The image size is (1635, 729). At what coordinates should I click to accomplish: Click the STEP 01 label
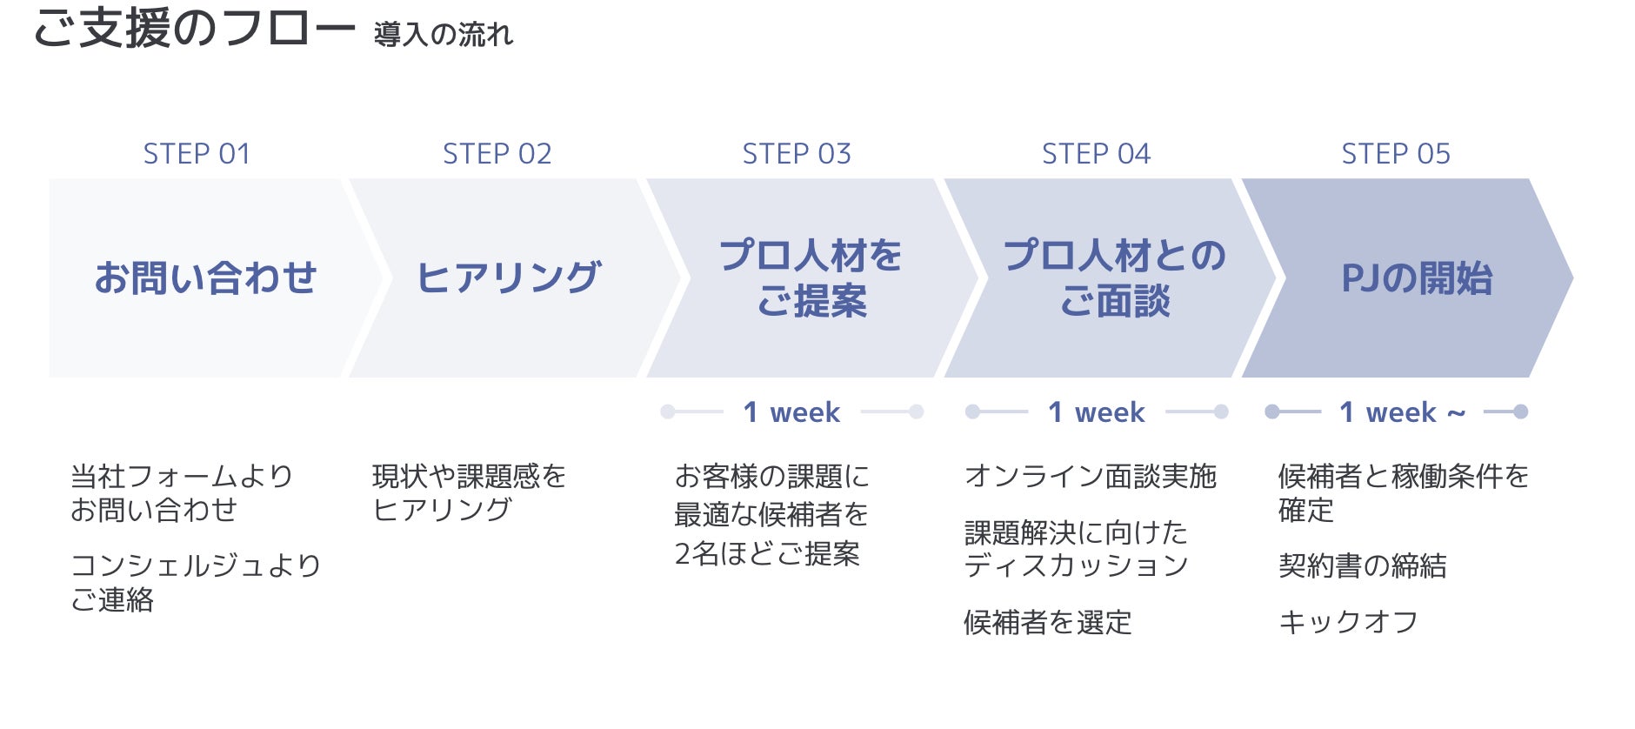[x=197, y=154]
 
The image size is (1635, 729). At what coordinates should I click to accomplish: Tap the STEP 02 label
[x=497, y=154]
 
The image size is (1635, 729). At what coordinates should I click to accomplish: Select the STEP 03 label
[x=796, y=154]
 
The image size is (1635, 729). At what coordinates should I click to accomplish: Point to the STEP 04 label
[x=1096, y=154]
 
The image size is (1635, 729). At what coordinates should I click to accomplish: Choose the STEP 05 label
[x=1395, y=154]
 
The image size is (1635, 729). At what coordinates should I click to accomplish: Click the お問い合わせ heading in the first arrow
[x=205, y=278]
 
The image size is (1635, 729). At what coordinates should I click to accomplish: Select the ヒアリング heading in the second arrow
[x=509, y=278]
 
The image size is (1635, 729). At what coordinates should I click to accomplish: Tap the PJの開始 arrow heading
[x=1416, y=278]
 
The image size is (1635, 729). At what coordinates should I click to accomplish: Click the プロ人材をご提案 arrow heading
[x=811, y=278]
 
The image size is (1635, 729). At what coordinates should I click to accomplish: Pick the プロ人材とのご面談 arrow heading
[x=1114, y=278]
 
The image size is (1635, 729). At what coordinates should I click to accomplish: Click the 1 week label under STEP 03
[x=791, y=412]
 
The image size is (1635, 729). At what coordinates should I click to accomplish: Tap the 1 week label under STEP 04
[x=1096, y=412]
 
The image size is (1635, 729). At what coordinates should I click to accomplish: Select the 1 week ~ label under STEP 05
[x=1402, y=412]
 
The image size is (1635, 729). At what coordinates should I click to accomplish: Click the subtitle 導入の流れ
[x=444, y=35]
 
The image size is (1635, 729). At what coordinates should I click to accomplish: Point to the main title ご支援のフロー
[x=194, y=28]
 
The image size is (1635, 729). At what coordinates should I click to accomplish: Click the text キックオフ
[x=1348, y=622]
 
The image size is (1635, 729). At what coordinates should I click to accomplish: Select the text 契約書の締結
[x=1362, y=566]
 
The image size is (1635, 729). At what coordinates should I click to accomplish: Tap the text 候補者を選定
[x=1047, y=622]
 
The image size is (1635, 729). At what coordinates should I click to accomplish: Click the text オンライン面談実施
[x=1090, y=477]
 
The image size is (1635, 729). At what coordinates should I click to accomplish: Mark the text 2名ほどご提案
[x=767, y=553]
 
